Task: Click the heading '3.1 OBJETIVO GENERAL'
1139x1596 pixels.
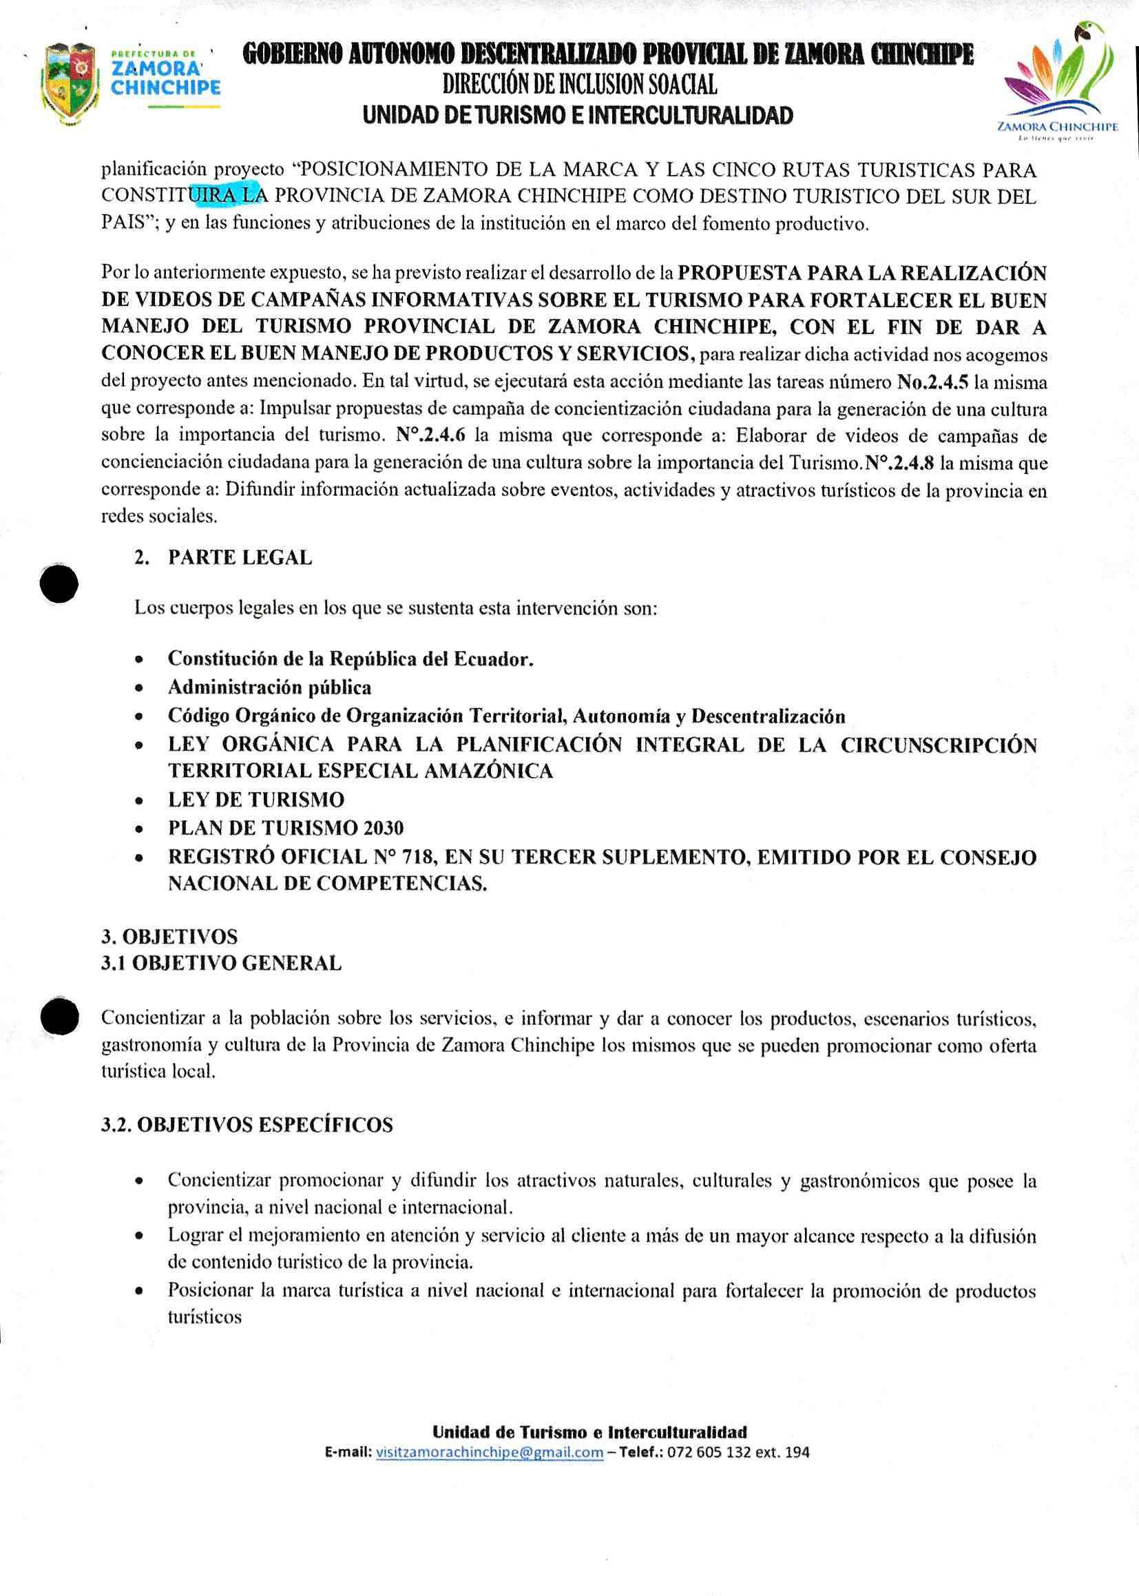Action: [x=222, y=963]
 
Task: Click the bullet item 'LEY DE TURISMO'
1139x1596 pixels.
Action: [x=255, y=800]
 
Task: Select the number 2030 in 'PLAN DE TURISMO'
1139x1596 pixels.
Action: [x=384, y=829]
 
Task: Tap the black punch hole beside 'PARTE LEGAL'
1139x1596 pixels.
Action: [x=59, y=583]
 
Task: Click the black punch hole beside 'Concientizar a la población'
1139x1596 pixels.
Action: [x=59, y=1017]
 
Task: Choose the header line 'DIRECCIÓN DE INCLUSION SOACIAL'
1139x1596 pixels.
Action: [x=579, y=85]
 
